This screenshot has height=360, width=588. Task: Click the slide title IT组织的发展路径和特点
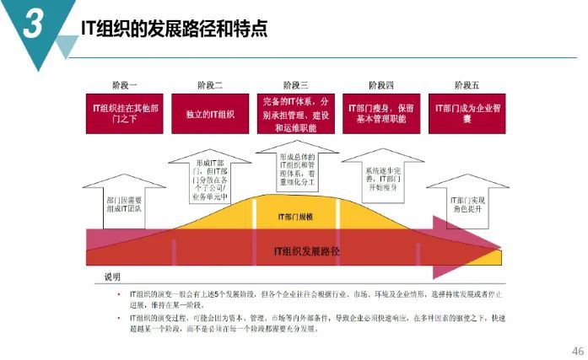174,30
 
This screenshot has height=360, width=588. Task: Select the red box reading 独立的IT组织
210,114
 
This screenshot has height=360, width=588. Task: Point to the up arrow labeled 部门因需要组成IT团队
123,201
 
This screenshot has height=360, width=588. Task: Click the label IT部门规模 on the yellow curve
294,217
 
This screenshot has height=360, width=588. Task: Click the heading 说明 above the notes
112,277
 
